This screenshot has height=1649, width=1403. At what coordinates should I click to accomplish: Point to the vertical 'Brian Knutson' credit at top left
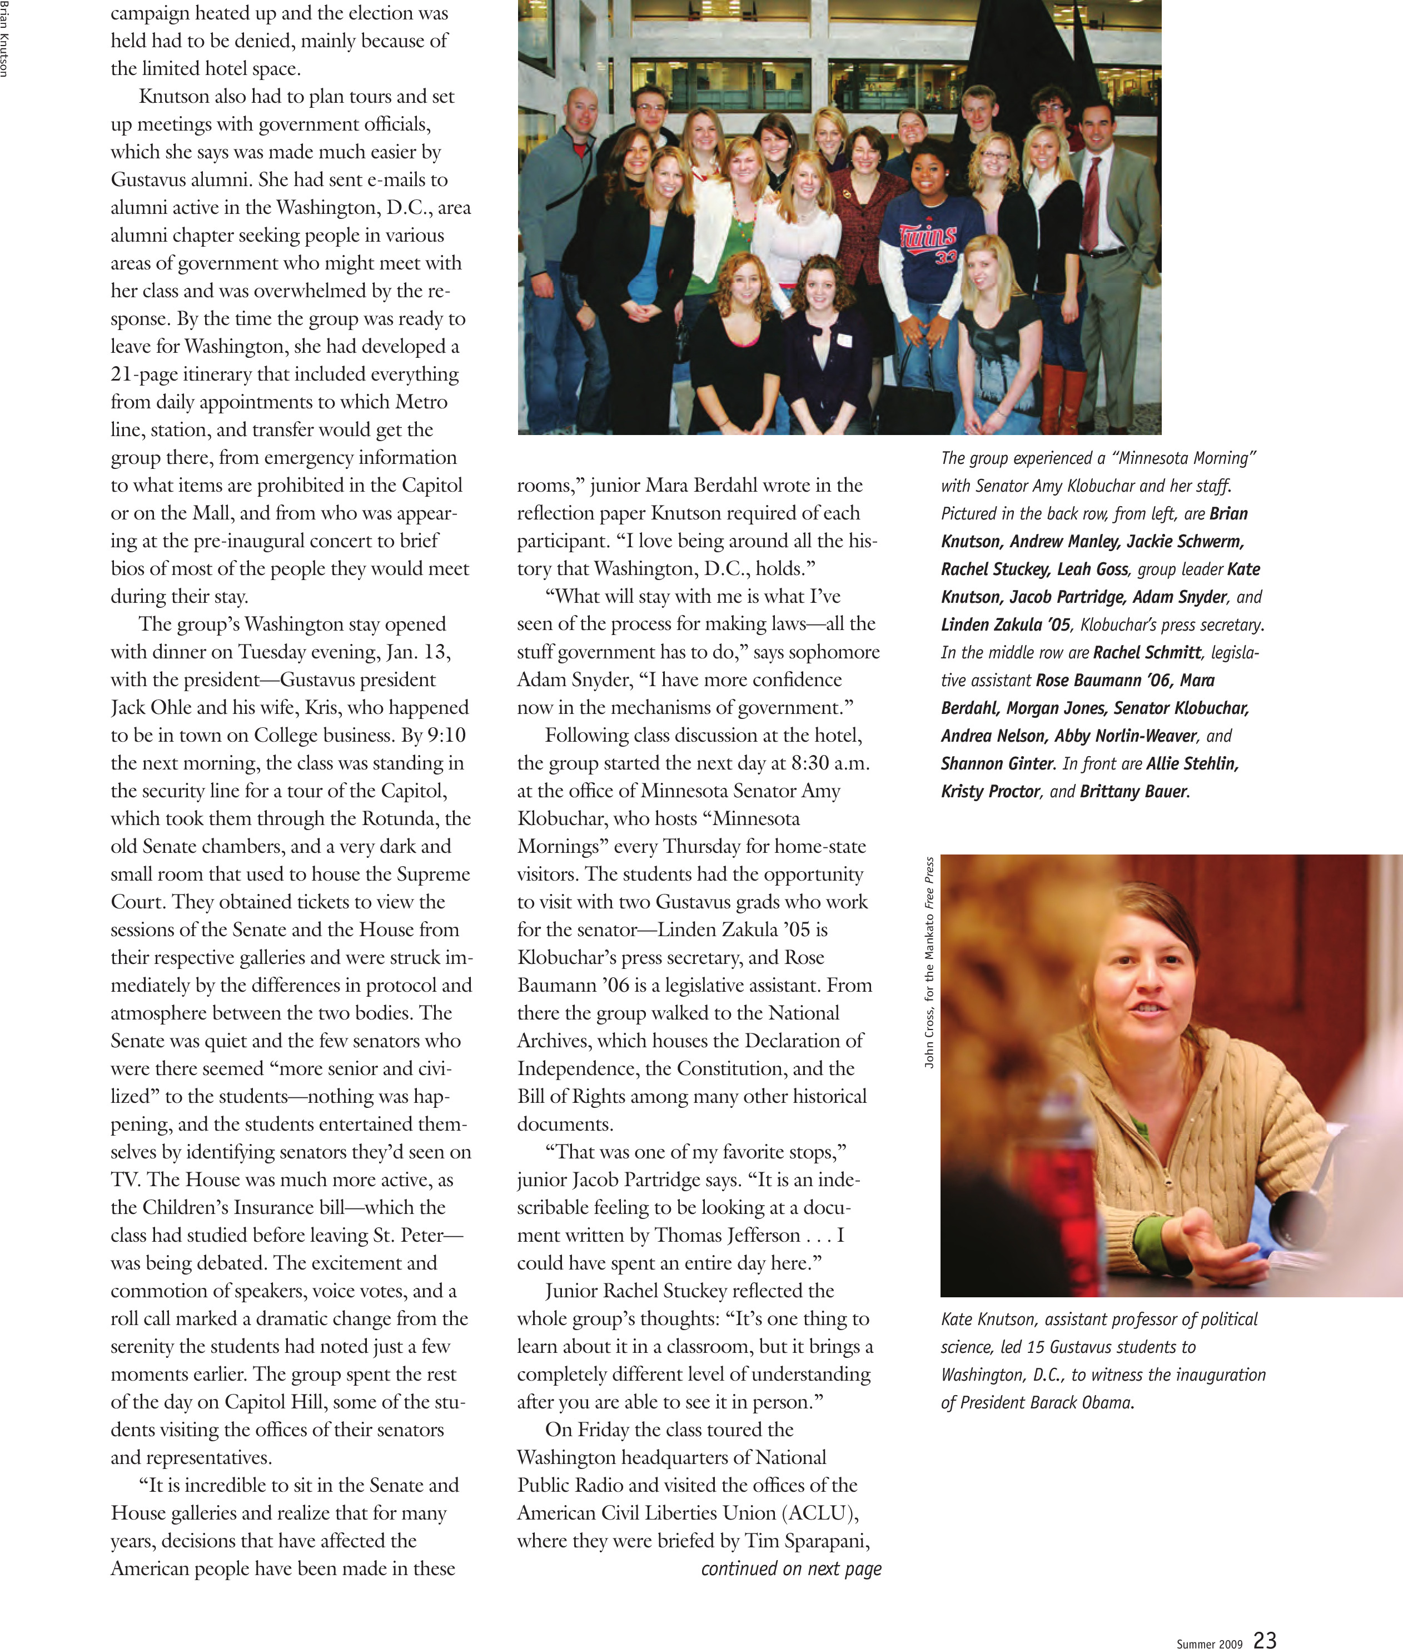[5, 40]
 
